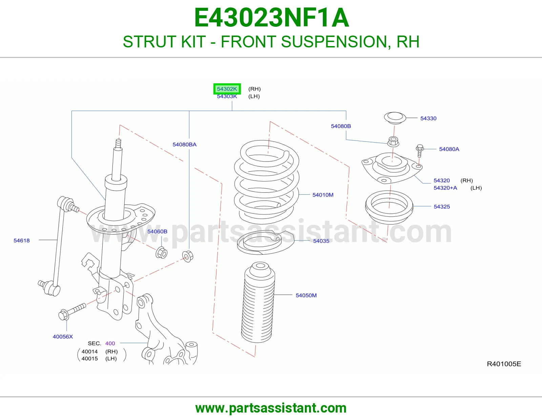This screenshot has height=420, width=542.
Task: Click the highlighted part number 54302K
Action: coord(227,89)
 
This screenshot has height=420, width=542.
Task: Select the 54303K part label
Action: coord(227,97)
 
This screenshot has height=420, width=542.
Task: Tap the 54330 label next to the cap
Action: coord(428,119)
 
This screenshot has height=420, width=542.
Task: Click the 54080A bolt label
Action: coord(449,149)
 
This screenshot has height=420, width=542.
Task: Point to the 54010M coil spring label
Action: coord(323,195)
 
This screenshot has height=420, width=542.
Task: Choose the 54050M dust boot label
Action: coord(306,296)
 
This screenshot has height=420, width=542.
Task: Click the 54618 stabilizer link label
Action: coord(21,241)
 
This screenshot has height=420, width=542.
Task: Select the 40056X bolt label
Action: coord(63,337)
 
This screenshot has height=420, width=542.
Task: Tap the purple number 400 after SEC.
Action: coord(110,343)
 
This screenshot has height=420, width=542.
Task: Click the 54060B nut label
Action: coord(157,231)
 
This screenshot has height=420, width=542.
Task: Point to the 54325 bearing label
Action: coord(442,207)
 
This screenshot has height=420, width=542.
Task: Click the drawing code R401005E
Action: coord(504,364)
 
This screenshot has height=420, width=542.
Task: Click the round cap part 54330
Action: coord(395,118)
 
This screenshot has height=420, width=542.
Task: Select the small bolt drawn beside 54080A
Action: coord(420,151)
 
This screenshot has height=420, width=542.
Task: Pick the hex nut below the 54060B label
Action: coord(161,252)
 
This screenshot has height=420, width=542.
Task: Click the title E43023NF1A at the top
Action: coord(271,18)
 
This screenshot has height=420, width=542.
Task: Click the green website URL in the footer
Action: coord(271,408)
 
